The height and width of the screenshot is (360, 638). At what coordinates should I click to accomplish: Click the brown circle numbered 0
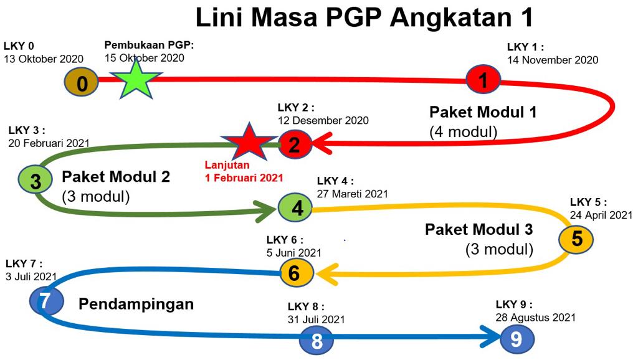(x=82, y=82)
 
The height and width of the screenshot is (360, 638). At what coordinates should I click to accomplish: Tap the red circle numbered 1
(x=483, y=79)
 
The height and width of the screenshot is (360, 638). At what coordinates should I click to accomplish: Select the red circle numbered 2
(x=295, y=144)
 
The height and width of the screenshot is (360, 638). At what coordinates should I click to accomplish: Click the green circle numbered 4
(x=295, y=208)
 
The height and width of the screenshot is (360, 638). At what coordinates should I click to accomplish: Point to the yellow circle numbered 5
(x=576, y=239)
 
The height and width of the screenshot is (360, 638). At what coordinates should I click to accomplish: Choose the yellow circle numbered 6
(x=297, y=273)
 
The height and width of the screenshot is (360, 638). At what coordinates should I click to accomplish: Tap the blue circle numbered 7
(x=46, y=301)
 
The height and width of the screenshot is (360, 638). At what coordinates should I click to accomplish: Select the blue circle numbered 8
(x=317, y=340)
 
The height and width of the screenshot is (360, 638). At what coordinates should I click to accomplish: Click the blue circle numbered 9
(x=517, y=338)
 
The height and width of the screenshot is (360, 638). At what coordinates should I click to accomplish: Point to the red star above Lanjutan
(x=248, y=142)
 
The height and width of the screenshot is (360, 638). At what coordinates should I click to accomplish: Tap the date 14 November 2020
(x=553, y=60)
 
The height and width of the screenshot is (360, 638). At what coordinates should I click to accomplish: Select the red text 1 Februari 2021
(x=244, y=178)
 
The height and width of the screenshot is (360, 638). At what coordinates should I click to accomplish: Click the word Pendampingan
(x=136, y=305)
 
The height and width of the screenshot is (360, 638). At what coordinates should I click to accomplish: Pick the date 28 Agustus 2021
(x=535, y=317)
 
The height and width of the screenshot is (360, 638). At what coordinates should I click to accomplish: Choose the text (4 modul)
(x=464, y=132)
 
